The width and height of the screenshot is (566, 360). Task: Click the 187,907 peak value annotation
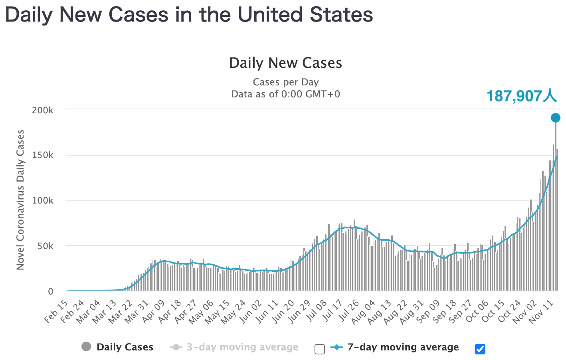(521, 96)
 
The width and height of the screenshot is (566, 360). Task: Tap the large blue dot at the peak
(555, 118)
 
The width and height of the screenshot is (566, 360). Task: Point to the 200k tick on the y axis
(43, 110)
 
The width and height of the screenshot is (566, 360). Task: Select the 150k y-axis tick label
(43, 155)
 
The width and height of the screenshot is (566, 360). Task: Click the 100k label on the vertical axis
(43, 201)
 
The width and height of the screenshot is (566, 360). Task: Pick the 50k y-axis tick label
(45, 246)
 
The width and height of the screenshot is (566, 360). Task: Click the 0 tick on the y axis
(51, 291)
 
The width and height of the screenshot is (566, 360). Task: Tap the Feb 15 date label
(56, 312)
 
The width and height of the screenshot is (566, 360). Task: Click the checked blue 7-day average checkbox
(480, 349)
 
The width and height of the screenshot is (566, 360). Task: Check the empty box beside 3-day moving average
(320, 350)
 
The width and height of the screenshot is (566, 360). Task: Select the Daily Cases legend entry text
(125, 347)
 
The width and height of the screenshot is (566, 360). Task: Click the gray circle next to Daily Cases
(86, 347)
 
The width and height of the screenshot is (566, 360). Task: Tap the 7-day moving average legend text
(403, 347)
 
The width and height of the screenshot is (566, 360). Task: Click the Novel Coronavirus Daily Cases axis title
(20, 200)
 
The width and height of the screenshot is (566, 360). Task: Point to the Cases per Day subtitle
(286, 82)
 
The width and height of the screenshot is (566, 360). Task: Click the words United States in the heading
(305, 15)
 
